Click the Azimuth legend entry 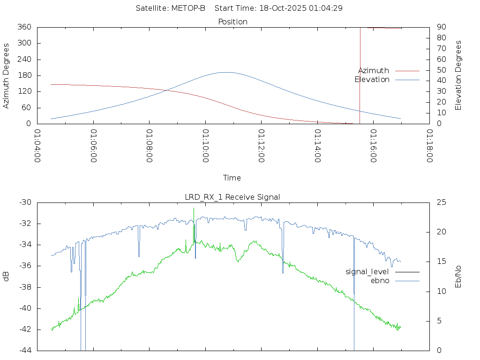[x=374, y=71]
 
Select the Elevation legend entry [x=372, y=80]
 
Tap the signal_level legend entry [x=367, y=272]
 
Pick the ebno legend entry [x=380, y=281]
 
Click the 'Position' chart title [x=233, y=22]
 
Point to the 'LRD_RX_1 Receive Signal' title [x=232, y=197]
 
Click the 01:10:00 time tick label [x=205, y=146]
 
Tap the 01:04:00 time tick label [x=37, y=146]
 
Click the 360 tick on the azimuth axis [x=24, y=27]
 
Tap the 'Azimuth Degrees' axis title [x=7, y=75]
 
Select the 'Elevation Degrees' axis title [x=459, y=75]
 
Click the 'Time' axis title [x=232, y=178]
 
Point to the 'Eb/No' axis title [x=459, y=277]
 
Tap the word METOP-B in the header [x=190, y=8]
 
